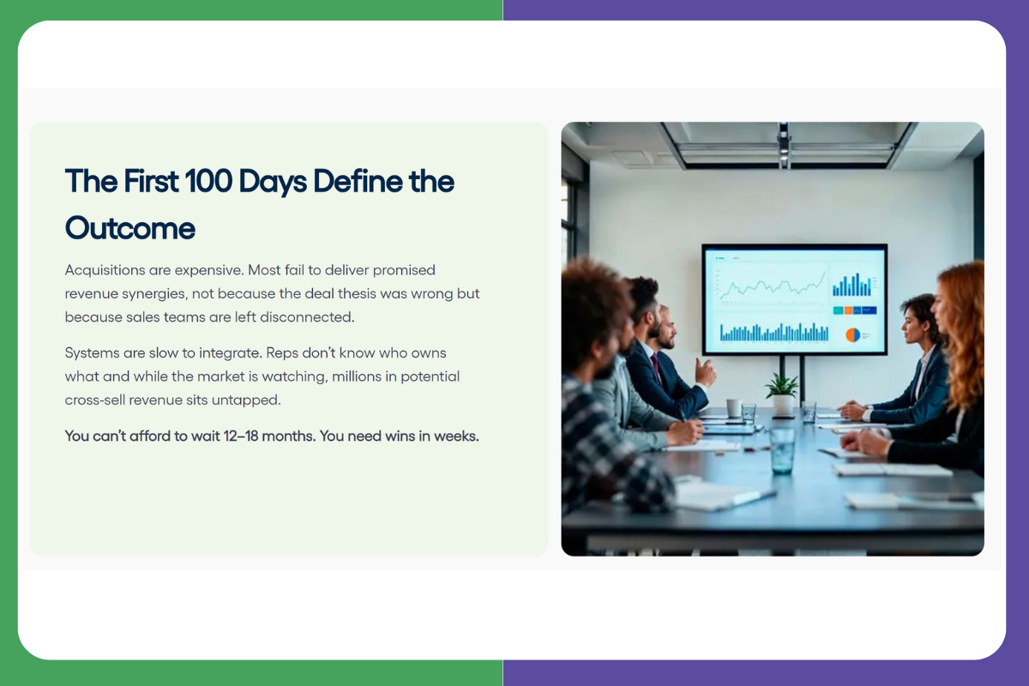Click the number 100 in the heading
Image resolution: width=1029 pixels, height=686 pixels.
point(208,181)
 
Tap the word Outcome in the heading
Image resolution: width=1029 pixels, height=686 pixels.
point(130,228)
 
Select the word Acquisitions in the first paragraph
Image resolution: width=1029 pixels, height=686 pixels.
point(105,270)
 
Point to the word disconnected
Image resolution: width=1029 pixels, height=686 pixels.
point(307,317)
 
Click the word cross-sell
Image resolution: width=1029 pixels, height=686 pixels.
point(94,400)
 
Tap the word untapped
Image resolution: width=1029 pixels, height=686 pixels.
point(246,400)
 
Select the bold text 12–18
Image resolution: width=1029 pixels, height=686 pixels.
point(241,436)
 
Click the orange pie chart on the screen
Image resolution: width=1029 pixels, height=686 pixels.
point(852,335)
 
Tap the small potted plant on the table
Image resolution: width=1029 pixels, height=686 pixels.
point(782,394)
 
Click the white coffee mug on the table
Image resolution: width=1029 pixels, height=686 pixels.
point(734,407)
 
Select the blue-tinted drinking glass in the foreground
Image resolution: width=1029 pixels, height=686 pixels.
point(781,451)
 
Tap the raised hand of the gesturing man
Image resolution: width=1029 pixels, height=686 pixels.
point(705,373)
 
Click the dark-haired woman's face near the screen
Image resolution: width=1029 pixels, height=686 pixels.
point(911,324)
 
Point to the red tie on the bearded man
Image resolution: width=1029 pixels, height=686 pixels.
point(655,368)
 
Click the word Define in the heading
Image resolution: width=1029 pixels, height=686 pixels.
point(358,181)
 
